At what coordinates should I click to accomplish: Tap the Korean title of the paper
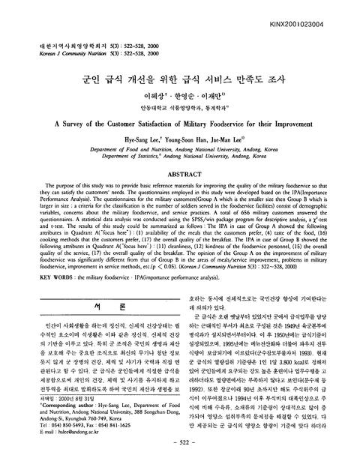pyautogui.click(x=180, y=77)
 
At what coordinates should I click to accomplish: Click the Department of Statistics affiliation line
pyautogui.click(x=179, y=155)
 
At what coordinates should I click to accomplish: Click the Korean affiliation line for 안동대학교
pyautogui.click(x=180, y=106)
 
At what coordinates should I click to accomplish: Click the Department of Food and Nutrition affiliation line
pyautogui.click(x=180, y=148)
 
